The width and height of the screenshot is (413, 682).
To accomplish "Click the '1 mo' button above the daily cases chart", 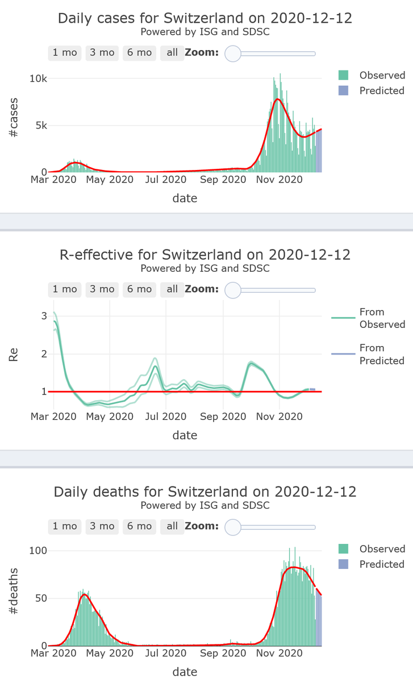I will [65, 53].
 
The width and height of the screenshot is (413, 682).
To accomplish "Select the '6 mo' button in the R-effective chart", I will [139, 289].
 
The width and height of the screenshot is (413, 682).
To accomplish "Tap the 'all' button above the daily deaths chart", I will [172, 526].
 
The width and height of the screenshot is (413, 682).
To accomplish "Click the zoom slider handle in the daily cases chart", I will [233, 53].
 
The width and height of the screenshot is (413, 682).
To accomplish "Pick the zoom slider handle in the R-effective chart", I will [233, 290].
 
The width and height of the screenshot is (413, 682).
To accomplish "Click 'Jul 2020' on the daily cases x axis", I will [165, 180].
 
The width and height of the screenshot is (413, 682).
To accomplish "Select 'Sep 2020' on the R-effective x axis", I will [223, 417].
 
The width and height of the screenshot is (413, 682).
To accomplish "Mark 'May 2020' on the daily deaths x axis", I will [110, 654].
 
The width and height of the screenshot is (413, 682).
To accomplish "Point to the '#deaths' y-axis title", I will [12, 598].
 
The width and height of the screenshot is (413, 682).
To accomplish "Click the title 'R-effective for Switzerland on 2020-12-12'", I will [205, 254].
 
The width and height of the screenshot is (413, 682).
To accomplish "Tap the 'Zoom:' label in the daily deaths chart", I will [201, 526].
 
